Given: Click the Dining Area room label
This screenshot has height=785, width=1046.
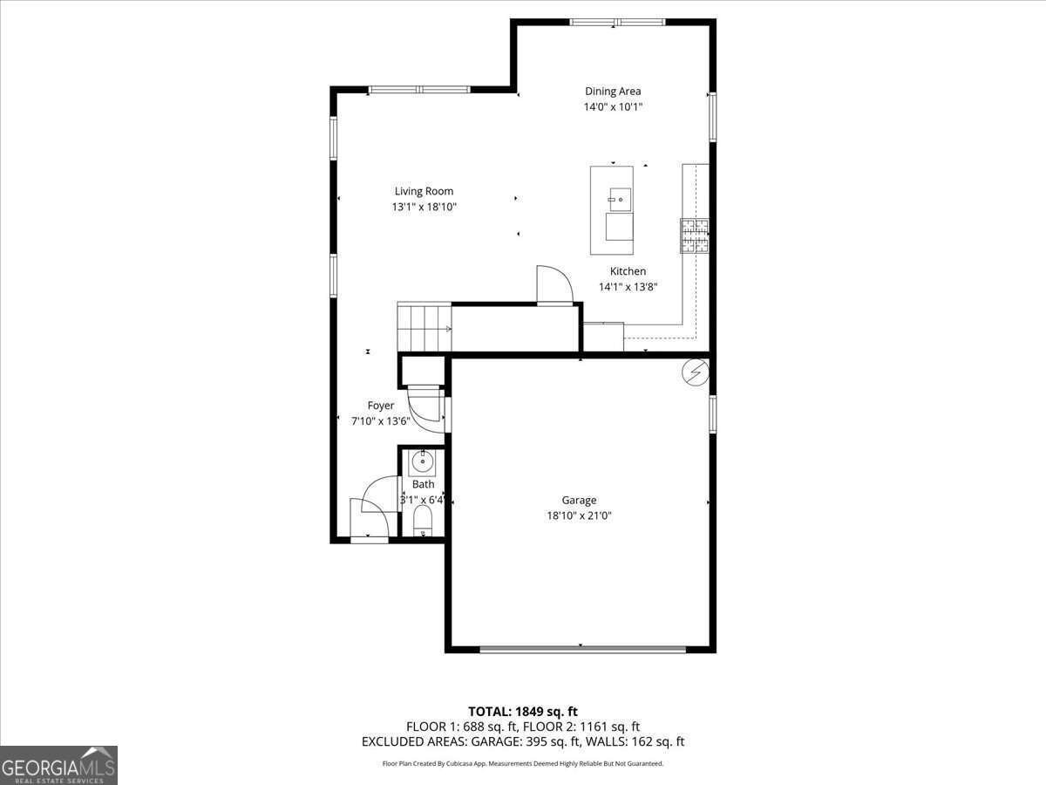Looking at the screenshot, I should click(x=612, y=91).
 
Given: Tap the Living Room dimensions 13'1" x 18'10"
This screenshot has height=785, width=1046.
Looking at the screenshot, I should click(x=424, y=208).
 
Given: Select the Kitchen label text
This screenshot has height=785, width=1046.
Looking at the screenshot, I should click(x=628, y=271).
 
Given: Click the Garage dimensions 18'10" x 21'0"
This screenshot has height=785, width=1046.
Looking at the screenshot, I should click(x=579, y=515).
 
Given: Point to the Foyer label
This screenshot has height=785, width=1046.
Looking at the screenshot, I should click(x=381, y=406).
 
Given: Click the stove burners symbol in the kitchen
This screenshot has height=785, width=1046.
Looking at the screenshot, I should click(x=695, y=235).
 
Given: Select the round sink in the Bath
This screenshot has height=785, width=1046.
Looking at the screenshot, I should click(x=423, y=461).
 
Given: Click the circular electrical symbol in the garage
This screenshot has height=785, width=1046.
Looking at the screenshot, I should click(x=695, y=372).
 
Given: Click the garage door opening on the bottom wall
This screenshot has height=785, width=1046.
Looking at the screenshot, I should click(x=582, y=648).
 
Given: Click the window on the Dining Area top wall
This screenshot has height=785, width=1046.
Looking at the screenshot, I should click(x=617, y=22).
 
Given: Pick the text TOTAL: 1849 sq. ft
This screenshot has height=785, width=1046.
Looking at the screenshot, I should click(x=523, y=712).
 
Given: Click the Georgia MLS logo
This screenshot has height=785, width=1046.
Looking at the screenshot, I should click(x=58, y=765).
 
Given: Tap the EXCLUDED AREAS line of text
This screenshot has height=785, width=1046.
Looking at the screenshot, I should click(x=523, y=741).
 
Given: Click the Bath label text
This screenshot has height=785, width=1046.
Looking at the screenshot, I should click(x=424, y=484).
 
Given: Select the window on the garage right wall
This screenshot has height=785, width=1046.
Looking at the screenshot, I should click(x=712, y=414).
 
